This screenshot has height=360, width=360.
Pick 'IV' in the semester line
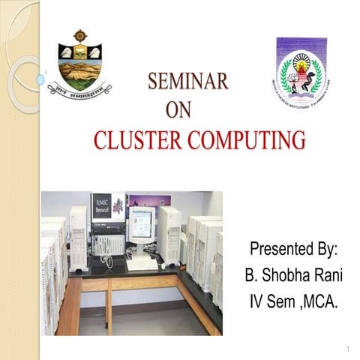point(258,301)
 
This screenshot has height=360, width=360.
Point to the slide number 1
point(349,349)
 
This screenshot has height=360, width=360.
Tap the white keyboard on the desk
point(142,264)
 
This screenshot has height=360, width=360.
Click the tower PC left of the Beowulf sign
point(79,237)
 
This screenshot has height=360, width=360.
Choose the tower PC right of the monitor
point(169,234)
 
